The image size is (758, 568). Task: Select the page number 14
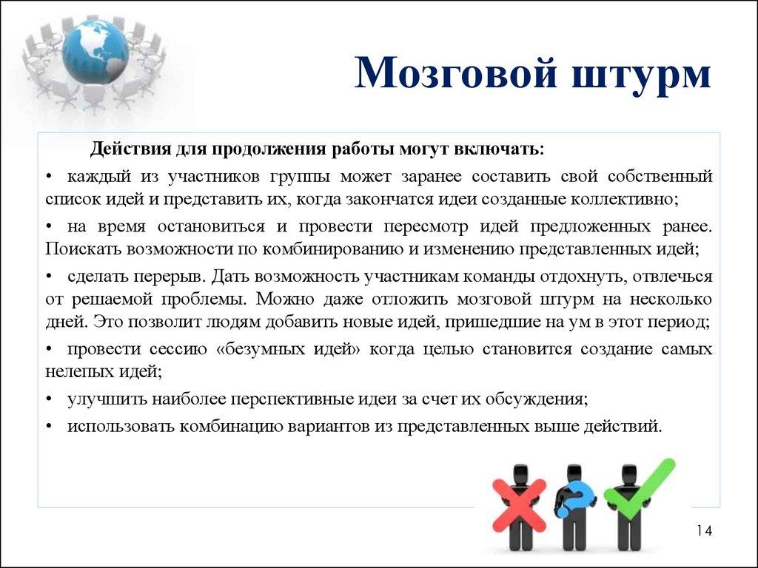pyautogui.click(x=703, y=531)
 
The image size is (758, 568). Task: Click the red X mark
pyautogui.click(x=519, y=500)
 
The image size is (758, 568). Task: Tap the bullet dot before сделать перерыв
pyautogui.click(x=49, y=277)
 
